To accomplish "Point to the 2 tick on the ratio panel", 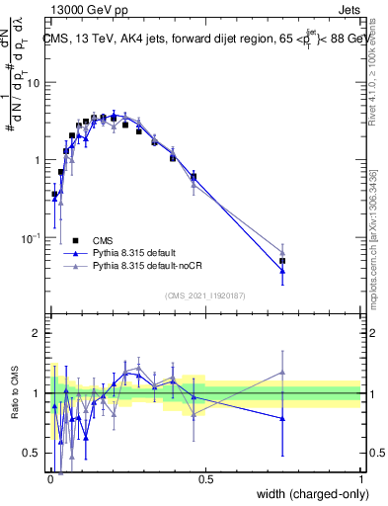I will coord(38,333).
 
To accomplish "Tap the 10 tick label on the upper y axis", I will coord(33,83).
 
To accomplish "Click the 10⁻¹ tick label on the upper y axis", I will coord(31,238).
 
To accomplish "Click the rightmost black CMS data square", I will coord(282,261).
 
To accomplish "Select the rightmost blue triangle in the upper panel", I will coord(282,271).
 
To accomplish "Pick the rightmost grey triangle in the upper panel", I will coord(282,253).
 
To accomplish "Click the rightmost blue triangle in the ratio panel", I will coord(282,418).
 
